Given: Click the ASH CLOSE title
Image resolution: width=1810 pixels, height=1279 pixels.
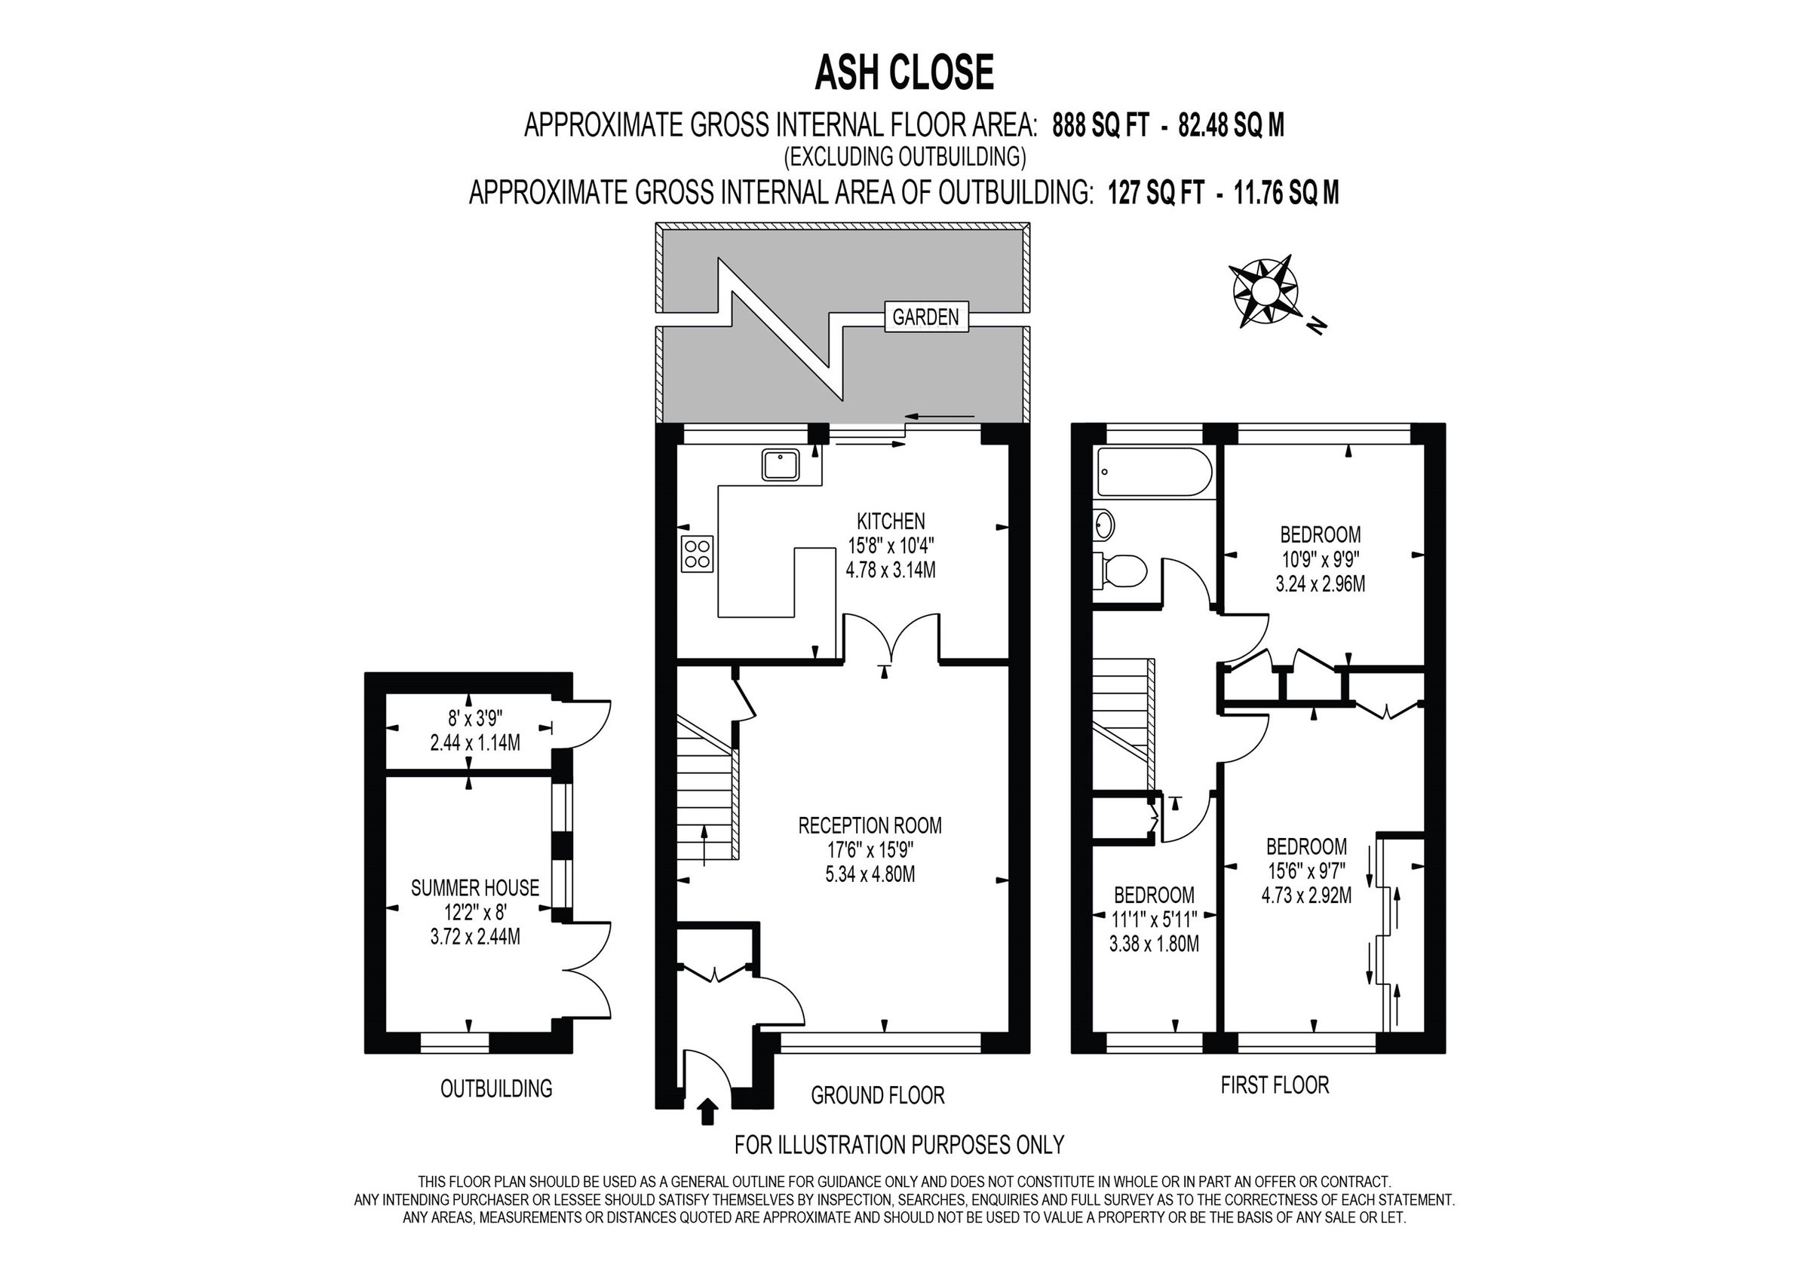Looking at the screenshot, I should click(903, 73).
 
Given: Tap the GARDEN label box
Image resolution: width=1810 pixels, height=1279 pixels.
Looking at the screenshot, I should click(925, 317).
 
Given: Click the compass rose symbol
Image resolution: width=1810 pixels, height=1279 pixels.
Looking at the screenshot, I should click(1265, 292).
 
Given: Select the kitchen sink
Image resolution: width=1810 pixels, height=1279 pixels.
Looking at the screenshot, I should click(781, 465).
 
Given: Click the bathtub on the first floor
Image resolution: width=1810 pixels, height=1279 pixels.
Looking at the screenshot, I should click(1153, 472).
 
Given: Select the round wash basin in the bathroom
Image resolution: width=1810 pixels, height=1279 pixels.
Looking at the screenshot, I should click(1103, 524).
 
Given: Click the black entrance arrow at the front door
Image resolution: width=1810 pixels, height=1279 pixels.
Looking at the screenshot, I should click(709, 1112).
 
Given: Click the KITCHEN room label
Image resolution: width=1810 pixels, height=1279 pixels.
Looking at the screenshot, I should click(891, 521).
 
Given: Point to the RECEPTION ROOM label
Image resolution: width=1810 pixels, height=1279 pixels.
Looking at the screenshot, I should click(870, 826).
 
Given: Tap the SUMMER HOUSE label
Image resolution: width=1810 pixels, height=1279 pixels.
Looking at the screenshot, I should click(474, 888).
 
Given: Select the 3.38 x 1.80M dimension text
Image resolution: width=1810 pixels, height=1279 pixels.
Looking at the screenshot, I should click(1153, 944).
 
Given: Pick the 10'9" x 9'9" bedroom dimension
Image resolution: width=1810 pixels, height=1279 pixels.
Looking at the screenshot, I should click(1320, 559).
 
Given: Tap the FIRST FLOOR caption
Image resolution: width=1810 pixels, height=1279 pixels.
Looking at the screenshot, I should click(1274, 1085).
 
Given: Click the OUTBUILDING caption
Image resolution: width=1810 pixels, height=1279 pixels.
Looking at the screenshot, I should click(495, 1089).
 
